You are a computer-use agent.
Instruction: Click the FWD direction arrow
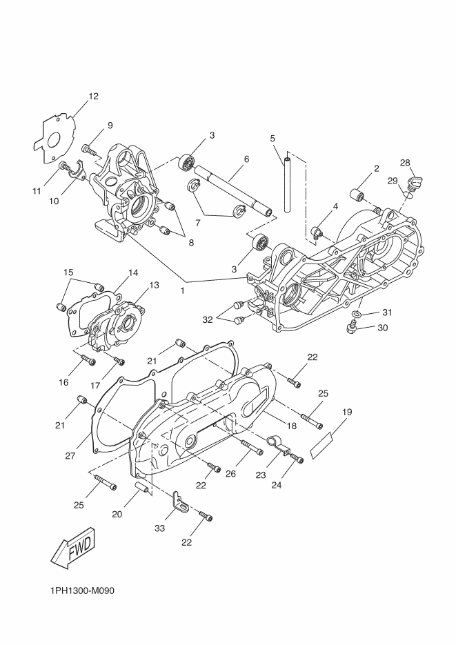pyautogui.click(x=74, y=547)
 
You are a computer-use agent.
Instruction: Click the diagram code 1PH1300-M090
pyautogui.click(x=82, y=591)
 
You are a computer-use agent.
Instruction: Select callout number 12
pyautogui.click(x=93, y=97)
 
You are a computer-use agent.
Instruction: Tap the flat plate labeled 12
pyautogui.click(x=54, y=137)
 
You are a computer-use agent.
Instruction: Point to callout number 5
pyautogui.click(x=272, y=138)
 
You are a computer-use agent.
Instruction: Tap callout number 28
pyautogui.click(x=405, y=163)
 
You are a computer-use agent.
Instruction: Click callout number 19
pyautogui.click(x=346, y=412)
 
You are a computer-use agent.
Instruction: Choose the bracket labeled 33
pyautogui.click(x=181, y=503)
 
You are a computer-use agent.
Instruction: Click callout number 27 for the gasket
pyautogui.click(x=70, y=456)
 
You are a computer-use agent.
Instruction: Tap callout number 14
pyautogui.click(x=133, y=272)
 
